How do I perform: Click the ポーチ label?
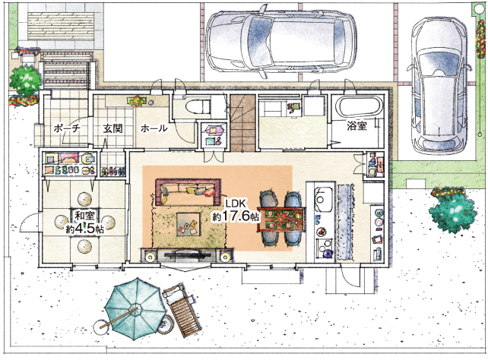pyautogui.click(x=67, y=128)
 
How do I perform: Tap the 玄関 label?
pyautogui.click(x=112, y=128)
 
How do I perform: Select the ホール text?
pyautogui.click(x=154, y=128)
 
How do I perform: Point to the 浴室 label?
pyautogui.click(x=357, y=125)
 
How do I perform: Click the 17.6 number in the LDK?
pyautogui.click(x=236, y=216)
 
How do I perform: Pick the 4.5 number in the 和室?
pyautogui.click(x=84, y=229)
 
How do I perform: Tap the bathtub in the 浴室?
pyautogui.click(x=360, y=106)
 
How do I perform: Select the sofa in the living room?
pyautogui.click(x=188, y=191)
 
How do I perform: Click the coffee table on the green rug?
pyautogui.click(x=189, y=224)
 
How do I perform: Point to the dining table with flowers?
pyautogui.click(x=281, y=219)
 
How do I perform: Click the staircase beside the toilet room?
pyautogui.click(x=242, y=123)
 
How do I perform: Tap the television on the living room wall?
pyautogui.click(x=189, y=255)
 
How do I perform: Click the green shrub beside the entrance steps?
pyautogui.click(x=25, y=81)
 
